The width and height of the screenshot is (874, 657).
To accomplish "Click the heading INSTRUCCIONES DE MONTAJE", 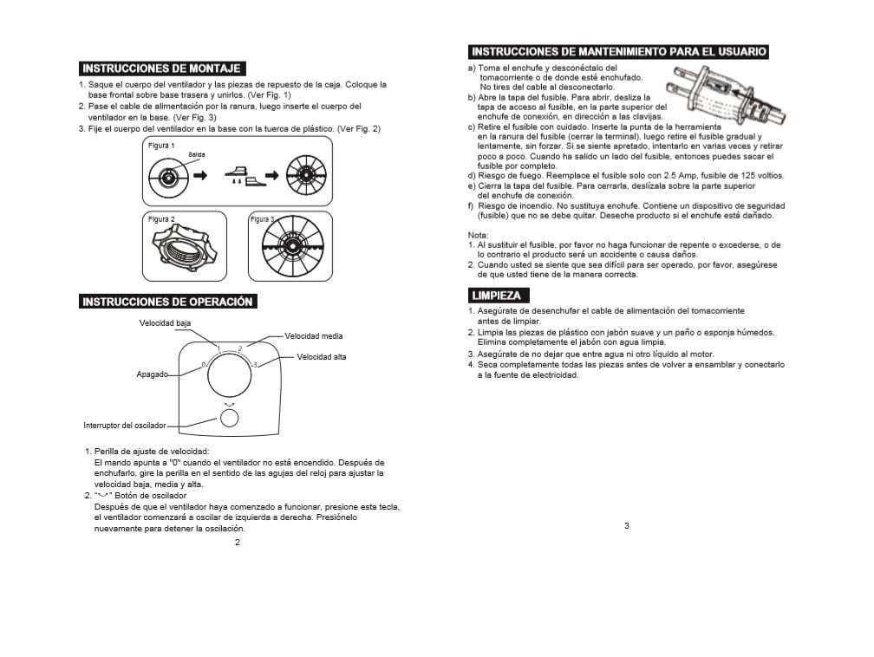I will click(x=160, y=68).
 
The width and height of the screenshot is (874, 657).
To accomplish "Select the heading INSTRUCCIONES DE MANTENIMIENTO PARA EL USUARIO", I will click(x=618, y=52).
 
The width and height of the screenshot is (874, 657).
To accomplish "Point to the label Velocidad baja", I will click(x=166, y=323).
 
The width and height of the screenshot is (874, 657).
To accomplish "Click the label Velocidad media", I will click(x=313, y=335).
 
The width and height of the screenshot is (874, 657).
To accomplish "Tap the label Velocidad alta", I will click(x=321, y=357).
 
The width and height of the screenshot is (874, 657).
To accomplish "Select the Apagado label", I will click(x=152, y=374).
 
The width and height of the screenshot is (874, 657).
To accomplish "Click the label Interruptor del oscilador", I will click(x=124, y=426).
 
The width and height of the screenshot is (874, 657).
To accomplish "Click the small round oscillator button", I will click(x=229, y=418).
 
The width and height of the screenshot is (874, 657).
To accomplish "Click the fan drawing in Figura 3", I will click(x=290, y=247).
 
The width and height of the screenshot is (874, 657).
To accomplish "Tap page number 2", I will click(x=238, y=543).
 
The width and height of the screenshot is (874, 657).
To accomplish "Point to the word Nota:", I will click(x=478, y=236).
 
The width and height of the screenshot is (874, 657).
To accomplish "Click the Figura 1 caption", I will click(x=161, y=145).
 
